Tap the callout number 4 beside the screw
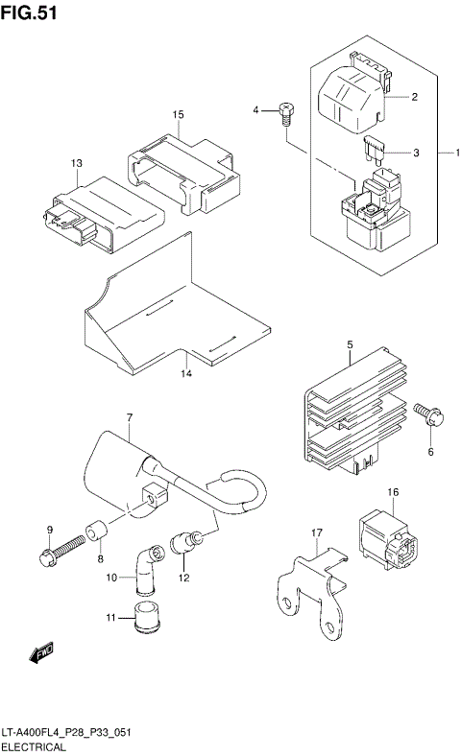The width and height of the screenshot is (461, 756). tap(256, 111)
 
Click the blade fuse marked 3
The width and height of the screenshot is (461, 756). tap(376, 150)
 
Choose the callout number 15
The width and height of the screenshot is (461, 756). tap(178, 115)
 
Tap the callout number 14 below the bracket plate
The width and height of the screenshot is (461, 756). tap(187, 372)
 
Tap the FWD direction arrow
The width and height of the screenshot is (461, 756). tap(41, 654)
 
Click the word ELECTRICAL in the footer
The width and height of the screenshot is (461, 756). tap(34, 746)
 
